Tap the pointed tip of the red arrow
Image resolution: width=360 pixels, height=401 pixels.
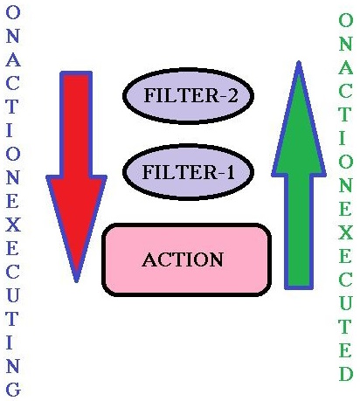(x=76, y=282)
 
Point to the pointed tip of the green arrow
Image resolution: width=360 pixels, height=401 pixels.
(x=299, y=61)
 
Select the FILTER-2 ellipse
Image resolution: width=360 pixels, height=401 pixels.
(x=188, y=96)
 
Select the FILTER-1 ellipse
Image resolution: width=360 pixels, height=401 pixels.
(x=188, y=172)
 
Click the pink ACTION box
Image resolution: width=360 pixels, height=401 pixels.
(x=187, y=260)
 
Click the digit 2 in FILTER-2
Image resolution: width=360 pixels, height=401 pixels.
(x=232, y=95)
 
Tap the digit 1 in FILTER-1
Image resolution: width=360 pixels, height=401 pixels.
(x=230, y=172)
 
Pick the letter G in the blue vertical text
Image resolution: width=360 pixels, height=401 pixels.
(x=13, y=390)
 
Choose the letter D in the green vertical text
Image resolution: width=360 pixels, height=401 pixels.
(x=346, y=374)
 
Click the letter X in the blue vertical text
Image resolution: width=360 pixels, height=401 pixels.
(x=13, y=225)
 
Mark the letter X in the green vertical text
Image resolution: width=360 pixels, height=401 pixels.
(x=346, y=232)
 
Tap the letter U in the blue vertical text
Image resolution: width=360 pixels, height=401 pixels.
(x=13, y=295)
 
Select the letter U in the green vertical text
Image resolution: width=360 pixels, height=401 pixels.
(x=346, y=303)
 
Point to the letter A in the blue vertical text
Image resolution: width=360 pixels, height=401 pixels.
(x=13, y=59)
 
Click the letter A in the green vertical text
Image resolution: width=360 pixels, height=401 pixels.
(x=346, y=67)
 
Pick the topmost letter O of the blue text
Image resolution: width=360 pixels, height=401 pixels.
(x=13, y=12)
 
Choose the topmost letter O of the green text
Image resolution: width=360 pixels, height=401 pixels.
(x=346, y=20)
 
